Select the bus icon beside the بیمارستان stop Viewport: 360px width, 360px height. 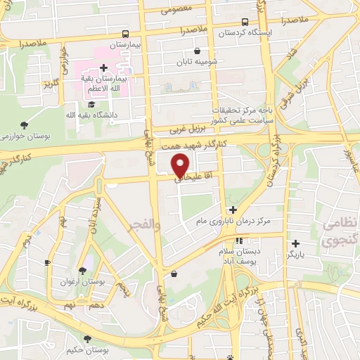click(x=125, y=33)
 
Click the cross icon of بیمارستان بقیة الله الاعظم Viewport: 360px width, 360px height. click(x=103, y=68)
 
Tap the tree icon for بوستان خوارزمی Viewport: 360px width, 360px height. click(x=25, y=124)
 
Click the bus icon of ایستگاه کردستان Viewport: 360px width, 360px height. click(x=245, y=22)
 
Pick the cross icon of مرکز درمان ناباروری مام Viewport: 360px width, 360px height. click(x=233, y=210)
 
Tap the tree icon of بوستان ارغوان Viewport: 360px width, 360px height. click(x=83, y=270)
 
